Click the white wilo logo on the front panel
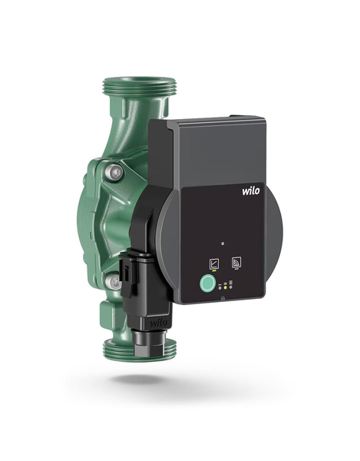[x=251, y=191]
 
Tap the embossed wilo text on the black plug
[x=159, y=323]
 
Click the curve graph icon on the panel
[x=213, y=263]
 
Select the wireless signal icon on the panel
[x=236, y=262]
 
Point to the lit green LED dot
[x=225, y=287]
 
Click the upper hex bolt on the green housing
[x=114, y=172]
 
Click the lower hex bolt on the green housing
[x=114, y=282]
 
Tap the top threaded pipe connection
[x=140, y=86]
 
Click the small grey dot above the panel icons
[x=223, y=244]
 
